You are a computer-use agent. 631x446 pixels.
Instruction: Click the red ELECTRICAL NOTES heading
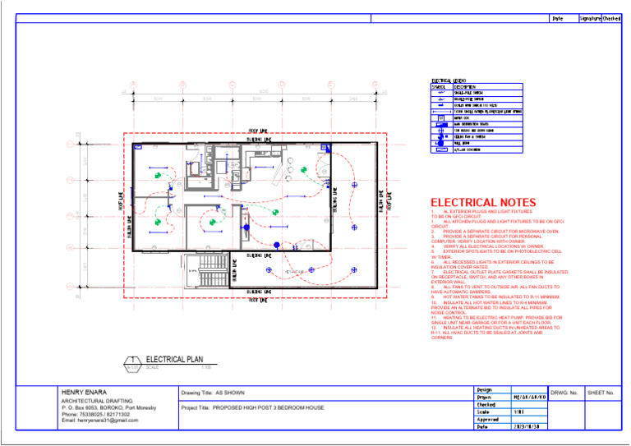[x=483, y=203]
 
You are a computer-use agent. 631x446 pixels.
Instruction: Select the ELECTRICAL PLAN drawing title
[x=173, y=359]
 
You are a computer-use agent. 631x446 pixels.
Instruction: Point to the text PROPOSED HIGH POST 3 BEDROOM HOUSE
[x=252, y=407]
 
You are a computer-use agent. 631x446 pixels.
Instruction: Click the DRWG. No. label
[x=565, y=393]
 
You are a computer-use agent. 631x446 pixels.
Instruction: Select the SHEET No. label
[x=601, y=393]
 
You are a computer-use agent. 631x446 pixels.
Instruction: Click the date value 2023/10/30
[x=527, y=427]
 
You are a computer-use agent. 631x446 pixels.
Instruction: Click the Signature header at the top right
[x=589, y=17]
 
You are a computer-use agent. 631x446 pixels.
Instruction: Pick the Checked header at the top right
[x=611, y=17]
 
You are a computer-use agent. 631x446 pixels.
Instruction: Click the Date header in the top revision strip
[x=557, y=17]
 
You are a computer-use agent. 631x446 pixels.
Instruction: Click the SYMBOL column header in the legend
[x=439, y=87]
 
